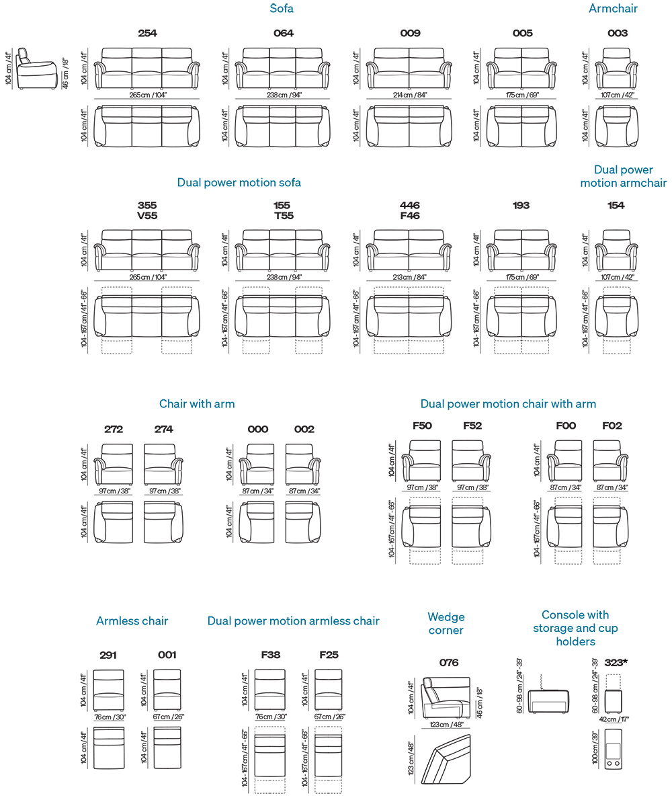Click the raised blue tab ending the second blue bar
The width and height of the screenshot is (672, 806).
[631, 169]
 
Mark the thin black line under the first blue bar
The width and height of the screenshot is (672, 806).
[396, 32]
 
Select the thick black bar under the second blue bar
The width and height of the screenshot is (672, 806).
[403, 210]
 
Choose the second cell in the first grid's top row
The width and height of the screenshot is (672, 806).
[296, 69]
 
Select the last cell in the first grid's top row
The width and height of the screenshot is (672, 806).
[628, 69]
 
